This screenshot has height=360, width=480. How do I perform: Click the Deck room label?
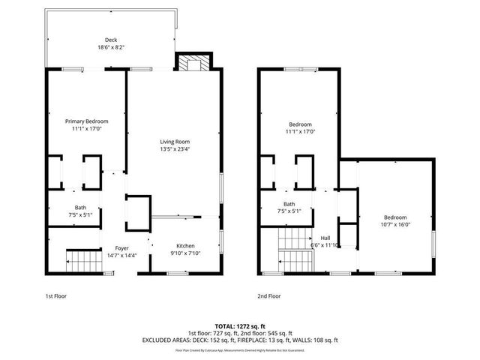(x=111, y=40)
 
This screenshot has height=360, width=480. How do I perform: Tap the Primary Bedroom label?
(x=86, y=121)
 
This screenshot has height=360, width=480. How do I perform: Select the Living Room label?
(x=175, y=142)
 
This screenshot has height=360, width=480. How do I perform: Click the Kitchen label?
(x=185, y=246)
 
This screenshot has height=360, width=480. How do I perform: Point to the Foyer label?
(x=122, y=248)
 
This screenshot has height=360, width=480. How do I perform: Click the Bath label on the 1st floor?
(x=80, y=208)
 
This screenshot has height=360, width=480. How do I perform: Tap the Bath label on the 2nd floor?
(x=289, y=204)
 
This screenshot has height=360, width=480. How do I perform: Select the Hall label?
(x=325, y=238)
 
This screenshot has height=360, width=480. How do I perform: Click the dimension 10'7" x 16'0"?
(x=395, y=224)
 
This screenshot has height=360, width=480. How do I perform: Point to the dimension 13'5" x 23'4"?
(x=175, y=148)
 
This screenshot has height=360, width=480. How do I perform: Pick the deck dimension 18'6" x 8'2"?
(x=111, y=47)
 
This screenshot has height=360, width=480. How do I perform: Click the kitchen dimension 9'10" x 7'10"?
(x=185, y=253)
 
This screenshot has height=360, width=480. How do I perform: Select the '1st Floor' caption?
(x=56, y=296)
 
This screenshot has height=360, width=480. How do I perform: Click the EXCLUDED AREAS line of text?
(x=240, y=340)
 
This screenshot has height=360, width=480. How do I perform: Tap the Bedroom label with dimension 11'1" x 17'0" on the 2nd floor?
(x=300, y=124)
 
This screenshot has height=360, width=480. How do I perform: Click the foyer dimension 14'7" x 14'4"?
(x=122, y=255)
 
